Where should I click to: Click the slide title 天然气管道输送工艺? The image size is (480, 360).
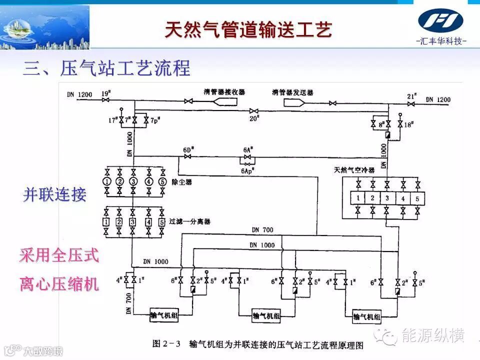[x=248, y=29]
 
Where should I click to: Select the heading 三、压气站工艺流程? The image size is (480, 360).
[x=106, y=68]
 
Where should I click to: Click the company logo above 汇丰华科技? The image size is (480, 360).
[x=440, y=21]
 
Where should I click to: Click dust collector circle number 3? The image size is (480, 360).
[x=133, y=181]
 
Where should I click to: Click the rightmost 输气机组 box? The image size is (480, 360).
[x=367, y=316]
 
